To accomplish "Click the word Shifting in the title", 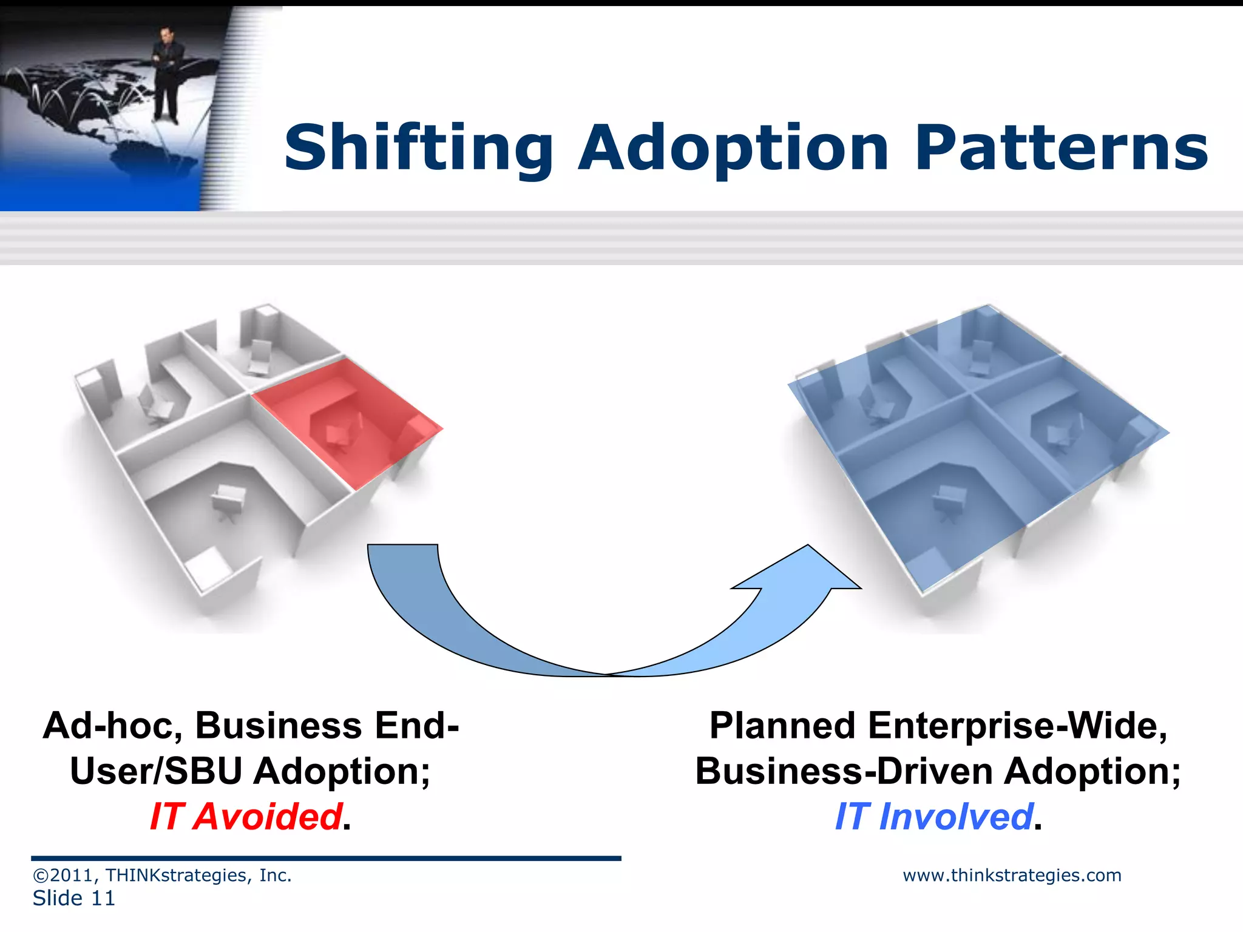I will [419, 149].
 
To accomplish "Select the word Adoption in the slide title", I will [733, 149].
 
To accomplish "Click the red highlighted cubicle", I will [346, 419].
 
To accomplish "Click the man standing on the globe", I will [167, 73].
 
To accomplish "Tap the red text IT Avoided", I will [246, 816].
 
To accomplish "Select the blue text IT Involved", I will [933, 816].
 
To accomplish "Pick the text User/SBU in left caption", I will [156, 771].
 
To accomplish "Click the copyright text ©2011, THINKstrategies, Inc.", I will [162, 876].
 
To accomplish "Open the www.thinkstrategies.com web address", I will [1012, 876].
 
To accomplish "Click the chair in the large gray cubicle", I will [228, 501].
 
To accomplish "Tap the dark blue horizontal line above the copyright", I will [326, 859].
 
